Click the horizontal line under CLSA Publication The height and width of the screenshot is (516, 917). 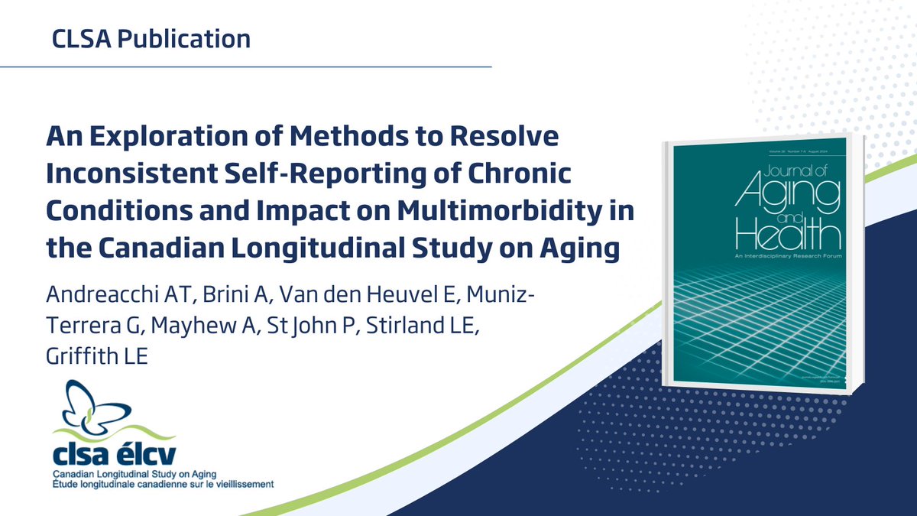pos(245,67)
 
